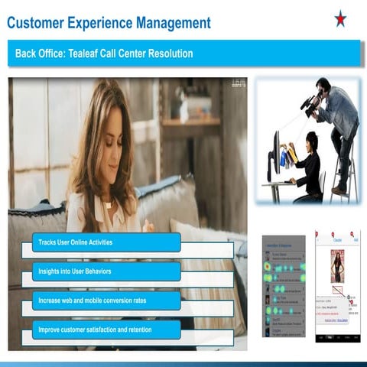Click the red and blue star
[340, 18]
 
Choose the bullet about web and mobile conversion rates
[106, 300]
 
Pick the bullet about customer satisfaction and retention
[106, 330]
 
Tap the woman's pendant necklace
[108, 205]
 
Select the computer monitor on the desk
[275, 153]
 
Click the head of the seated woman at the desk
[311, 141]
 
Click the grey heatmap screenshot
[284, 286]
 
